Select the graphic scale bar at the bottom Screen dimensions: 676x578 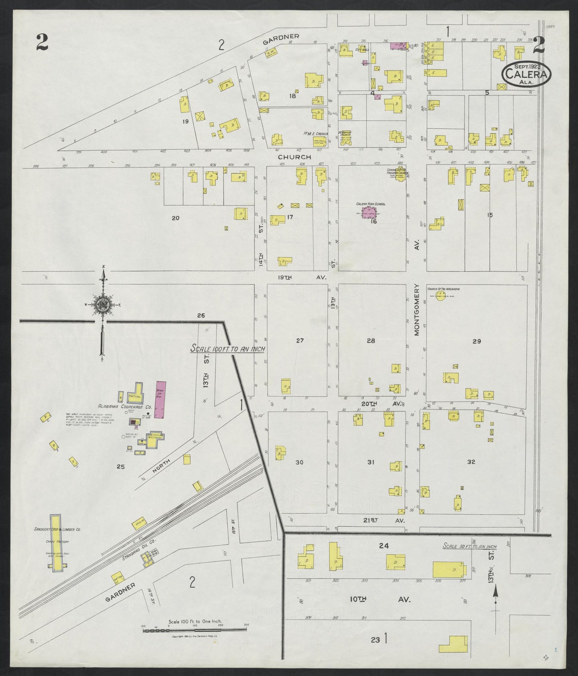[195, 642]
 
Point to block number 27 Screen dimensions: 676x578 [300, 341]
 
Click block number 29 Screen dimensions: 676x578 [476, 341]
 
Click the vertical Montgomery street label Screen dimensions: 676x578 [416, 309]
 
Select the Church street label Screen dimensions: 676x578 [295, 157]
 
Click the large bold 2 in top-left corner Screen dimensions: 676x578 [42, 42]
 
